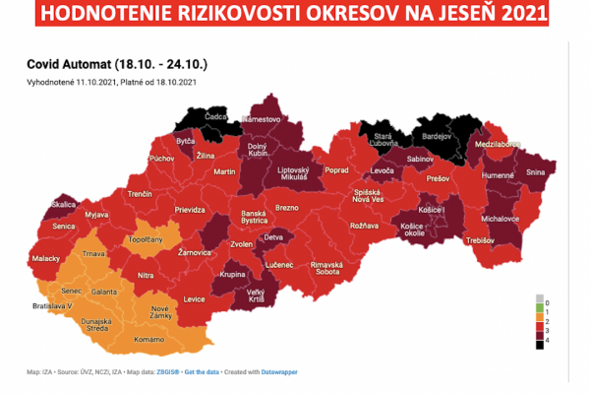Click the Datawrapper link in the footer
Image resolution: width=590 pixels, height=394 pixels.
tap(277, 371)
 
